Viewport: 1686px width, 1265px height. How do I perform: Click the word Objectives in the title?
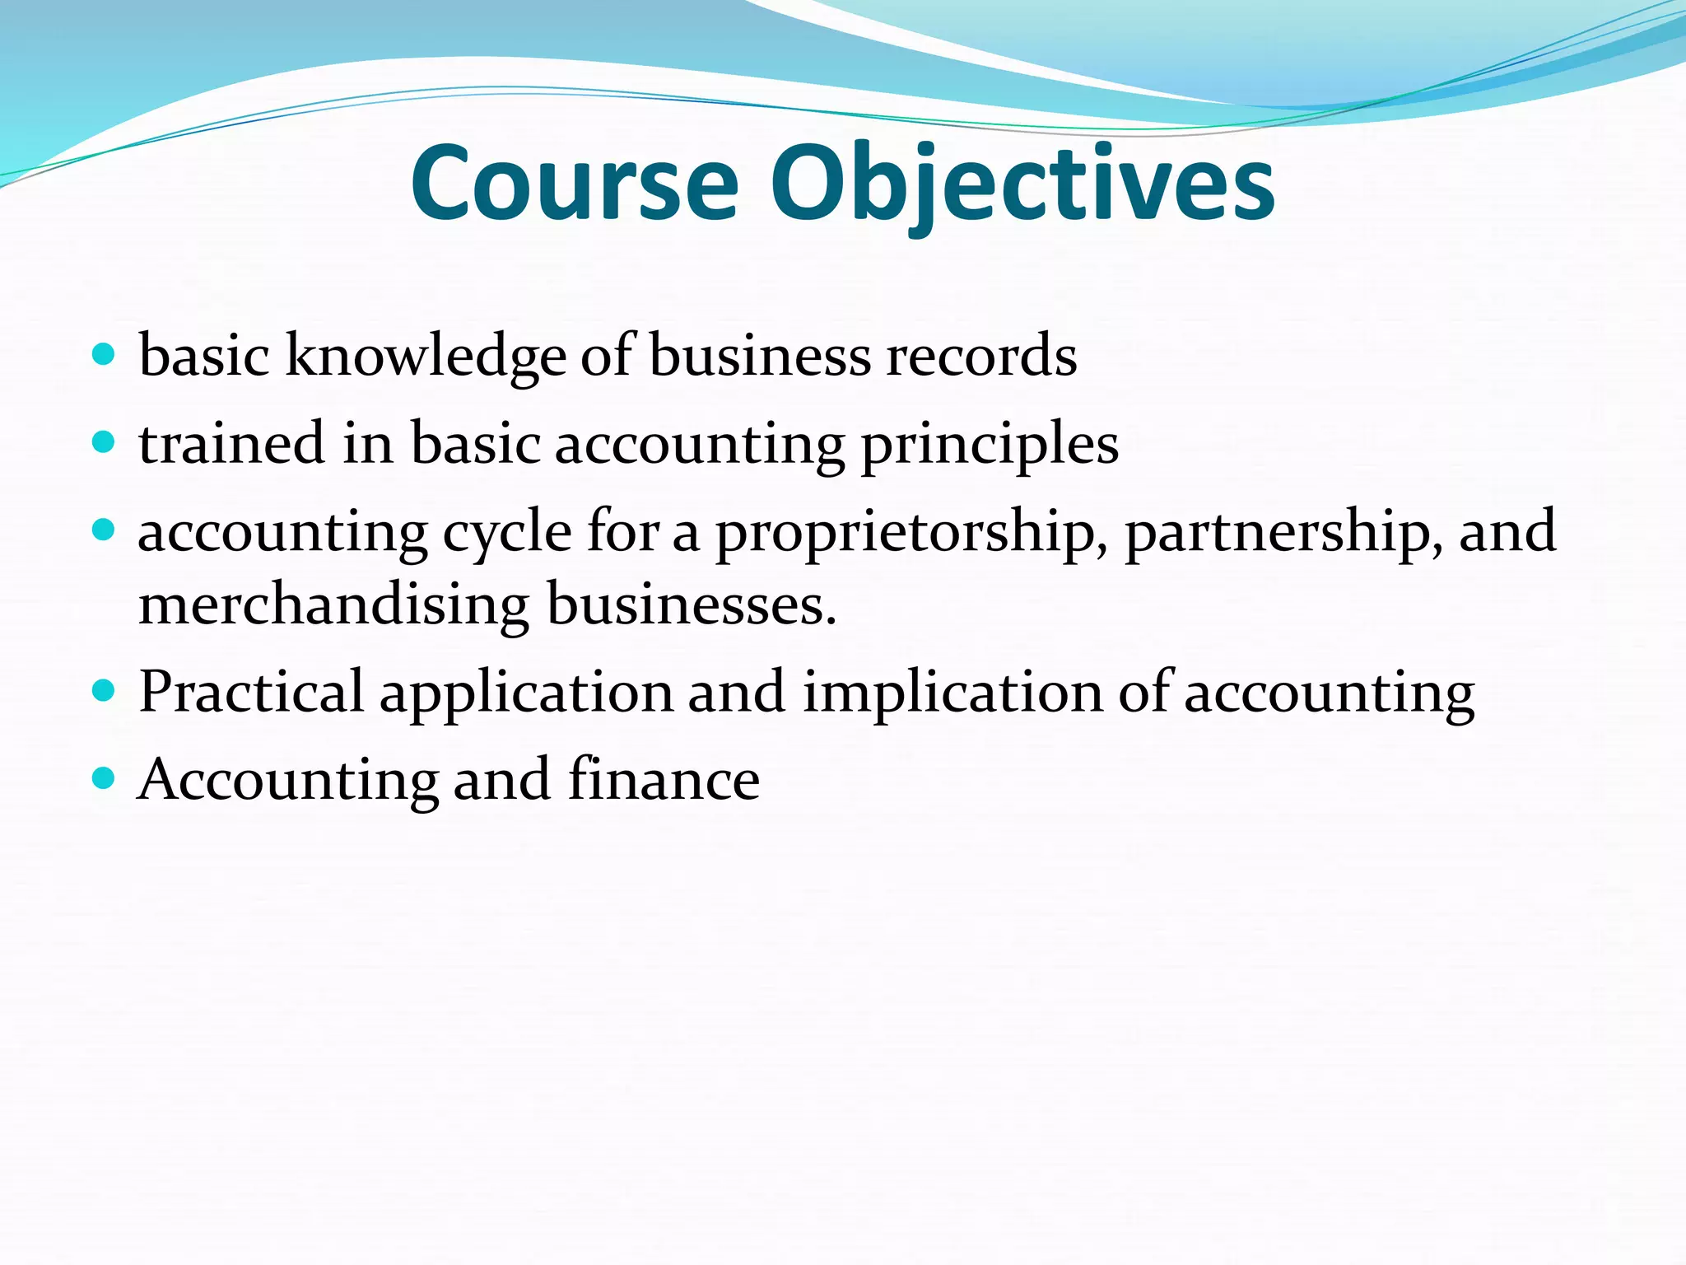click(x=1022, y=185)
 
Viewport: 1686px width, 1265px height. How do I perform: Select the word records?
click(x=981, y=356)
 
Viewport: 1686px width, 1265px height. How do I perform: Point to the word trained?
click(x=232, y=443)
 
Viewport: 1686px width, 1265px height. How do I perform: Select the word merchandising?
click(x=333, y=605)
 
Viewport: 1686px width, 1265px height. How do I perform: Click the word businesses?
click(x=692, y=605)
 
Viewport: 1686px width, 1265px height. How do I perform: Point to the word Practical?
click(x=251, y=692)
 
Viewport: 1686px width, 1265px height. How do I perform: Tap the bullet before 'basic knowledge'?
click(x=104, y=356)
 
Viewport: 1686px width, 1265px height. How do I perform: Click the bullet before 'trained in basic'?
click(x=104, y=443)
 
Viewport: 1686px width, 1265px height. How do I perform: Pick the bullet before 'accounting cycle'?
click(x=104, y=530)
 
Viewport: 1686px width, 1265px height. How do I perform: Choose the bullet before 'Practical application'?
click(x=104, y=690)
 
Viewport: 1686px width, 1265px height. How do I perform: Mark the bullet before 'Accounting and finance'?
click(x=104, y=777)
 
